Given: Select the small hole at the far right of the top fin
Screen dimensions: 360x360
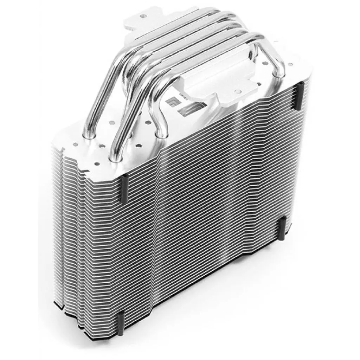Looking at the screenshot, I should (x=290, y=65).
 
